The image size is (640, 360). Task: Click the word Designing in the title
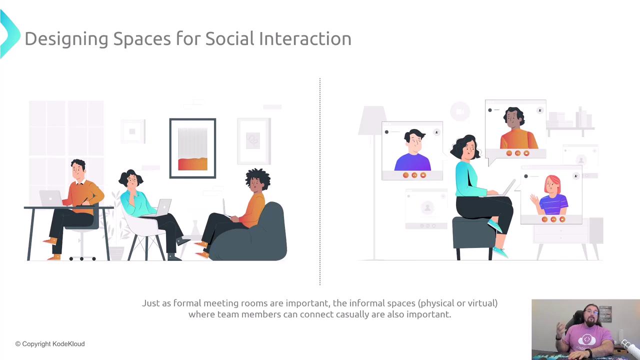(x=66, y=39)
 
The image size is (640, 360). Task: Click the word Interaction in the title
(x=305, y=38)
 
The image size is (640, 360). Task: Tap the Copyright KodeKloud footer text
(x=50, y=343)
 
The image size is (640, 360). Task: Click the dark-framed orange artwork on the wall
(x=192, y=148)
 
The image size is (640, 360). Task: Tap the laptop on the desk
(x=51, y=198)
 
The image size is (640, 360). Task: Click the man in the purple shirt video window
(x=412, y=150)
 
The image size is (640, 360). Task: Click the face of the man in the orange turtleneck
(x=513, y=120)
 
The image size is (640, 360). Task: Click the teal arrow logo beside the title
(x=9, y=34)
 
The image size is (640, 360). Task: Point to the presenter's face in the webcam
(x=591, y=316)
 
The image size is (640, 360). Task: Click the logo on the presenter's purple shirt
(x=586, y=339)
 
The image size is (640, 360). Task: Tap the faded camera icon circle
(x=460, y=111)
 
